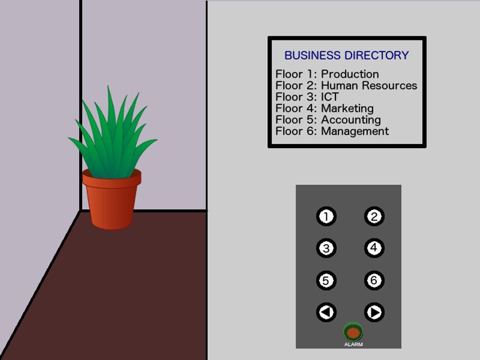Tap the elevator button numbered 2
pos(374,217)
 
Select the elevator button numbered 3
pos(326,248)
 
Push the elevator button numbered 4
pos(374,248)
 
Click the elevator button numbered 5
pos(326,280)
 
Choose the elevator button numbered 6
pos(374,280)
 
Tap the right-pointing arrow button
pos(374,312)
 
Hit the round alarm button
pos(353,332)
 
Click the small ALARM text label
pos(353,344)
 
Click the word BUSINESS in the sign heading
pos(313,56)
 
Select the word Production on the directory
pos(350,74)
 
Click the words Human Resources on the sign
pos(369,85)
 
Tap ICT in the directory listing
pos(330,97)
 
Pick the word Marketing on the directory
pos(347,108)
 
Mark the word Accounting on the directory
pos(351,119)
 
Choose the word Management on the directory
pos(355,131)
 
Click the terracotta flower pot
pos(112,201)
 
